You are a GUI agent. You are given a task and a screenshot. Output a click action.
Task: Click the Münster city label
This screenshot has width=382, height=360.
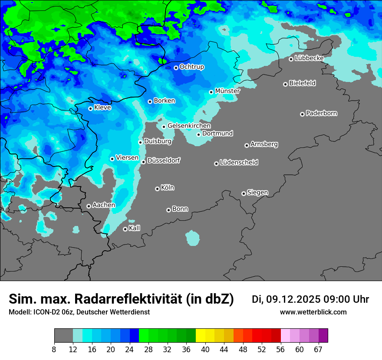tap(227, 91)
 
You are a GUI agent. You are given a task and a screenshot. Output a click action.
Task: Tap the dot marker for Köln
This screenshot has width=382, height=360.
tap(157, 189)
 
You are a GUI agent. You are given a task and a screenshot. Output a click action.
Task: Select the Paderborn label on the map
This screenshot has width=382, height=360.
tap(321, 113)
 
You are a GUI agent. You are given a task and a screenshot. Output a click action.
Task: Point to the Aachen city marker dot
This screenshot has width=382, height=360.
tap(89, 206)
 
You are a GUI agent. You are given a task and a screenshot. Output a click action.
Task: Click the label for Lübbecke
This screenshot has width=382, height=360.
tap(309, 58)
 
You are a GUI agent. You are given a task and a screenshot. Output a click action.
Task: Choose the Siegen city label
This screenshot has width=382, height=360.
tap(257, 193)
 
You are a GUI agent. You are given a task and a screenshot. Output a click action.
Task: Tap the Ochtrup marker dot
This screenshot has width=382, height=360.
tap(176, 68)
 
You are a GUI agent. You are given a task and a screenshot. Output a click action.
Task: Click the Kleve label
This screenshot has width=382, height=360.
tap(102, 108)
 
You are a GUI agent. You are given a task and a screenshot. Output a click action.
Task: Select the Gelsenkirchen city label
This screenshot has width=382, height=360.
tap(189, 126)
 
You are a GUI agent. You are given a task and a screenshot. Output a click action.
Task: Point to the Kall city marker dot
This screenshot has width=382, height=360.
tap(125, 229)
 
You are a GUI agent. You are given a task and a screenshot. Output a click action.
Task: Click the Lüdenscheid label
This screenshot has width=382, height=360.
tap(239, 163)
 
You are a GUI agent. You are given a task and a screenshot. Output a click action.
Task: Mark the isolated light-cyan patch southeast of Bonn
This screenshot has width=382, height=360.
tap(192, 238)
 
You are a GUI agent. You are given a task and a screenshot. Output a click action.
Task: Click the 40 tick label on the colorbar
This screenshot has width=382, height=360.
tap(205, 350)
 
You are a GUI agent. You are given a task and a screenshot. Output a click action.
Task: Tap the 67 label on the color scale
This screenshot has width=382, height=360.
tap(318, 350)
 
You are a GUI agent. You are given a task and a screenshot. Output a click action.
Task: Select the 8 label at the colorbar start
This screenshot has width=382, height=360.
tap(54, 350)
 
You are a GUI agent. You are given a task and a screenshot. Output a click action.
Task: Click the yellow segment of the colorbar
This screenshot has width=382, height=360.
tap(201, 336)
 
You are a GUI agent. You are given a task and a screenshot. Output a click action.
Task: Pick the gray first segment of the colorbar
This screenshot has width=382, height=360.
tap(63, 336)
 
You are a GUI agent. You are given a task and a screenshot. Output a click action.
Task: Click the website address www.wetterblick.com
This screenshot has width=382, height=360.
tap(313, 312)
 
